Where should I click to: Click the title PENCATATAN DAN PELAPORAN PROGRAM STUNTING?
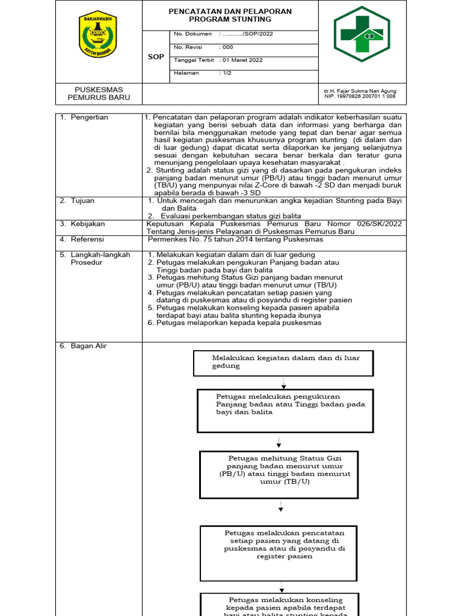pyautogui.click(x=230, y=15)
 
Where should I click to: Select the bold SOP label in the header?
pyautogui.click(x=156, y=57)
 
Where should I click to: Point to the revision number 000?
pyautogui.click(x=227, y=47)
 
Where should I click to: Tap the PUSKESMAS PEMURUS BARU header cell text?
pyautogui.click(x=98, y=93)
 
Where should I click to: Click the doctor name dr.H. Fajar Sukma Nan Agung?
pyautogui.click(x=360, y=91)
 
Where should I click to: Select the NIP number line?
pyautogui.click(x=360, y=96)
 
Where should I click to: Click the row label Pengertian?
pyautogui.click(x=89, y=117)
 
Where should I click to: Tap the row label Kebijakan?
pyautogui.click(x=87, y=224)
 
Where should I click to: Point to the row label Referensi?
pyautogui.click(x=87, y=239)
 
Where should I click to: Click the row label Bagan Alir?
pyautogui.click(x=88, y=346)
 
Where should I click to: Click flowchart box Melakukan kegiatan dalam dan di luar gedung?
pyautogui.click(x=283, y=362)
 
